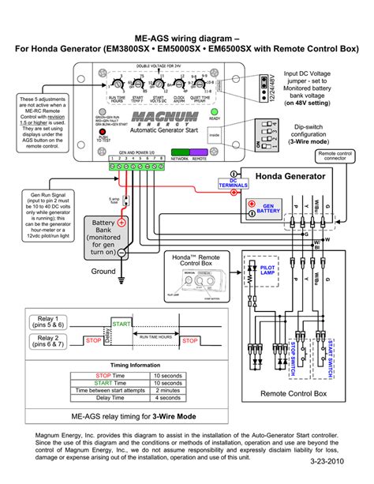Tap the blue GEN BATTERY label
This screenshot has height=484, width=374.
(x=267, y=208)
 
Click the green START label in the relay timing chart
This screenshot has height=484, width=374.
(x=122, y=325)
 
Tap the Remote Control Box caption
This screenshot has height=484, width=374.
(x=293, y=392)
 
